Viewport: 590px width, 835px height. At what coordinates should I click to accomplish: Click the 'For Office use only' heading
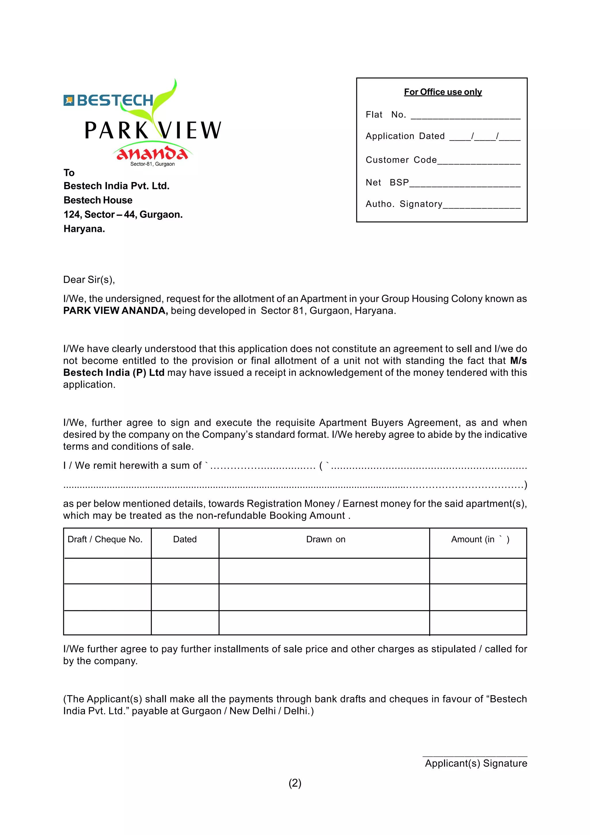(442, 92)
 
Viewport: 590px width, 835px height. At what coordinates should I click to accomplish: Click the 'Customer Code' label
(401, 160)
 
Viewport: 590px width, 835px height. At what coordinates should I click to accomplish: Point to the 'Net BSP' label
(387, 183)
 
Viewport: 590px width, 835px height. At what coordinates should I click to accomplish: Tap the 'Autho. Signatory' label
(404, 204)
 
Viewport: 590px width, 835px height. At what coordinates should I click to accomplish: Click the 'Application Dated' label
(405, 136)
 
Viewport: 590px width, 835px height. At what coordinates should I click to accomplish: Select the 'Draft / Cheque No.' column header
(105, 539)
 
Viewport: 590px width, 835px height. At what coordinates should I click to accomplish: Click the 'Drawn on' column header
(326, 539)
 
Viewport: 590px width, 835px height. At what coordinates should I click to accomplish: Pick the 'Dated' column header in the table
(185, 539)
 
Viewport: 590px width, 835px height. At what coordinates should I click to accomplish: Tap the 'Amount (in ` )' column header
(480, 539)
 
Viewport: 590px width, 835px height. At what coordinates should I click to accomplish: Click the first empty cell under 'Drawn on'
(324, 571)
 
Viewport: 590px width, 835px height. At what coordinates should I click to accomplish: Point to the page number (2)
(295, 783)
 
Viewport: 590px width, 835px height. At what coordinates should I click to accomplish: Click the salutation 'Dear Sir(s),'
(89, 280)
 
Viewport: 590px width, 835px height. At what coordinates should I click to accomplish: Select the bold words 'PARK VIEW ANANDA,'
(116, 311)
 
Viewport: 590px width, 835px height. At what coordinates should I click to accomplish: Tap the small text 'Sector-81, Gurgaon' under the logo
(153, 164)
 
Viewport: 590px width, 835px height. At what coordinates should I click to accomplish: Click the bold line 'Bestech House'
(98, 200)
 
